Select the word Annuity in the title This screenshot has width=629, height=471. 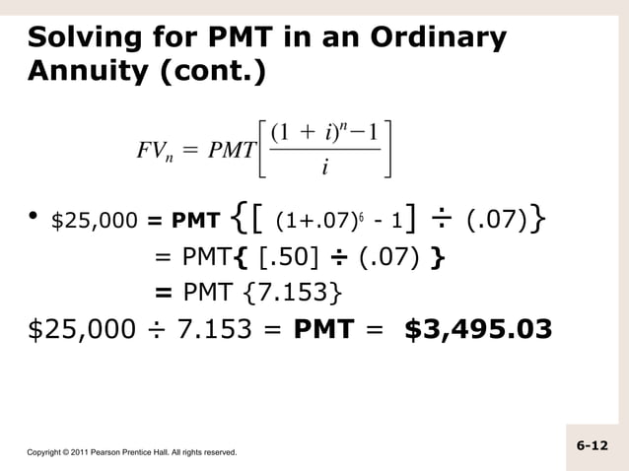coord(88,72)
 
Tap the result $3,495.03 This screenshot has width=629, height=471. coord(478,327)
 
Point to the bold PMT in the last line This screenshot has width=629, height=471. coord(324,327)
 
